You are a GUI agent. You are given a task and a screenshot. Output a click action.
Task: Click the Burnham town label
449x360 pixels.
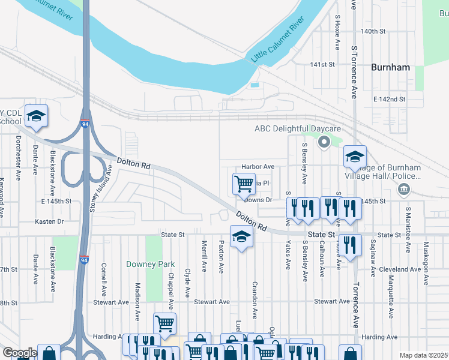pos(390,67)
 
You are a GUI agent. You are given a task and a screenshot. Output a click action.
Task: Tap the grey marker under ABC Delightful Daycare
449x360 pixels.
pos(324,142)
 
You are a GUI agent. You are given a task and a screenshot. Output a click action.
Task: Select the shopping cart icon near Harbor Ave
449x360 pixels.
pos(243,183)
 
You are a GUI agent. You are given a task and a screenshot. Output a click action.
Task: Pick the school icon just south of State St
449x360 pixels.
pos(241,237)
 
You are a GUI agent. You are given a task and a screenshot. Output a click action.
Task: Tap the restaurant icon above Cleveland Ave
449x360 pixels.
pos(351,244)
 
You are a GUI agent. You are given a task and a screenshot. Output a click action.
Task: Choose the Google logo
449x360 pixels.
pos(19,352)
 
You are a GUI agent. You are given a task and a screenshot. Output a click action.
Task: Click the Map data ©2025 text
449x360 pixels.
pos(423,355)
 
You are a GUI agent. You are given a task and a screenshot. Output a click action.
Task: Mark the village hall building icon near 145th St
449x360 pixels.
pos(404,190)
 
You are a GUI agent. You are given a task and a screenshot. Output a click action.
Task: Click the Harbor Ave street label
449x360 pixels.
pos(258,166)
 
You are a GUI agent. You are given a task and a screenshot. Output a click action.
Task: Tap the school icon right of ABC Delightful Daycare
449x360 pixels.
pos(355,157)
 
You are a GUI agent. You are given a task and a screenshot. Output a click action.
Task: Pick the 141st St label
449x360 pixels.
pos(322,64)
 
